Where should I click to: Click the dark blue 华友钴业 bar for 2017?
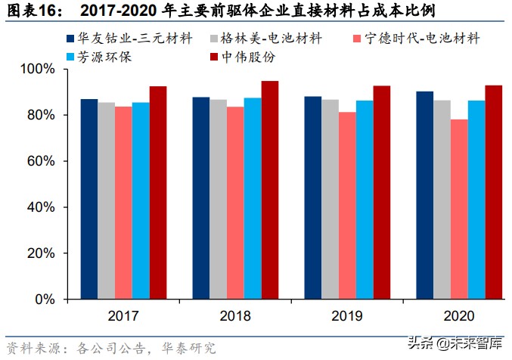[89, 199]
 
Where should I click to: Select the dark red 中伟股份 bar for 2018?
[269, 190]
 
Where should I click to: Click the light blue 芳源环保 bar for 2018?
[253, 198]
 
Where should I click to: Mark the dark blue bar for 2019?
[313, 197]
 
